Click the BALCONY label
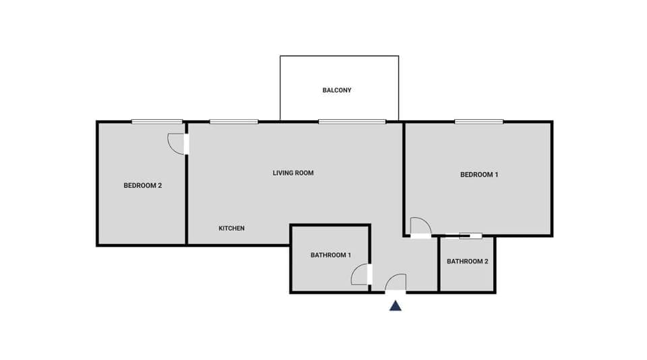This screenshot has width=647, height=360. [336, 90]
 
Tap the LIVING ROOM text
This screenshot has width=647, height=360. [293, 173]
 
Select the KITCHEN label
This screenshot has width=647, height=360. [231, 229]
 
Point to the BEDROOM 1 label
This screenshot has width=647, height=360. [479, 175]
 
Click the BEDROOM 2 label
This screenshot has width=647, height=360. [143, 185]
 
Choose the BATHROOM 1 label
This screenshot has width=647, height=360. [331, 255]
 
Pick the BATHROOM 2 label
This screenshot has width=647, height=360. [467, 261]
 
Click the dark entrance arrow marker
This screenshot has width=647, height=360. [396, 306]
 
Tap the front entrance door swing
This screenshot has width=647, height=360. [396, 283]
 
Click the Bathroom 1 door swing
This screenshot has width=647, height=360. [361, 274]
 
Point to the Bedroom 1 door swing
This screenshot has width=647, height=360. [419, 227]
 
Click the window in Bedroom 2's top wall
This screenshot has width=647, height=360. [157, 122]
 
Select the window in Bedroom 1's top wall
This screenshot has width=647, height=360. [479, 122]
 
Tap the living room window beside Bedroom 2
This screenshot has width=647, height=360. [233, 122]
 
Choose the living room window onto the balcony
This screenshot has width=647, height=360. [352, 122]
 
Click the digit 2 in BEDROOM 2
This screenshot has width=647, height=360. [160, 185]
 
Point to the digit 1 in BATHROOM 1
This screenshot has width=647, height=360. [349, 255]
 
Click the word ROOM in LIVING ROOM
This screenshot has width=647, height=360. [305, 173]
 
